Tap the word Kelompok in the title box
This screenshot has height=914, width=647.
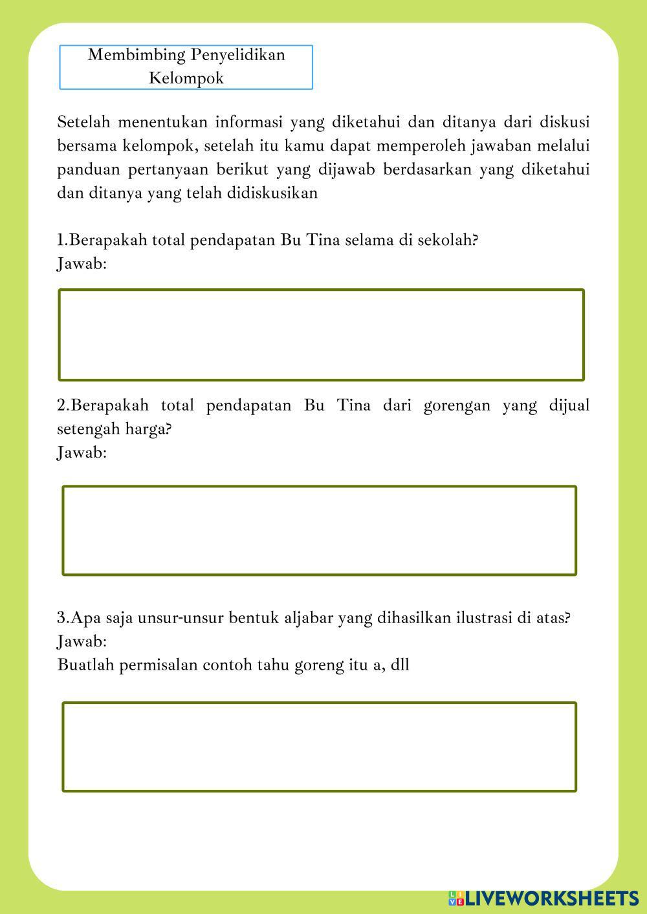pos(186,78)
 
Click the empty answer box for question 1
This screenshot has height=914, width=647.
pos(321,335)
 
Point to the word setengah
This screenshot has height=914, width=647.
pos(85,429)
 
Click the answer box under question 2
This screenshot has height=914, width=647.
pos(319,531)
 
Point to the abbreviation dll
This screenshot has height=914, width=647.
pos(400,664)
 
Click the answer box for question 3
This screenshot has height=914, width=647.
pos(319,747)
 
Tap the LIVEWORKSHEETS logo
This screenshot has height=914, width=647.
pos(543,898)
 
